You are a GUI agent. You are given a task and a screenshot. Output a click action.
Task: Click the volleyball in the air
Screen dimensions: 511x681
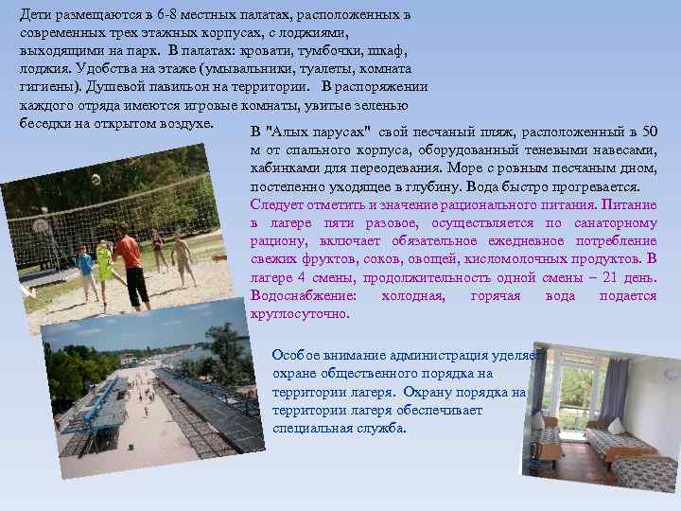(x=96, y=179)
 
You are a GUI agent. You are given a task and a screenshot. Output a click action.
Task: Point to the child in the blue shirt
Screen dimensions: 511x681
(x=85, y=269)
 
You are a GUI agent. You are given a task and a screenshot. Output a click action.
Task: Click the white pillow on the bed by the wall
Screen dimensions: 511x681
(x=616, y=427)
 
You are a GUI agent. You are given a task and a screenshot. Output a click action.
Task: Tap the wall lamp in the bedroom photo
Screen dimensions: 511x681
(x=670, y=374)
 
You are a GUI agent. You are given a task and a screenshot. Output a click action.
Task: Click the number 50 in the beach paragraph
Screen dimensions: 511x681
(x=649, y=131)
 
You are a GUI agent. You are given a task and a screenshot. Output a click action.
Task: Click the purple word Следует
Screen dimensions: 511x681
(x=277, y=204)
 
